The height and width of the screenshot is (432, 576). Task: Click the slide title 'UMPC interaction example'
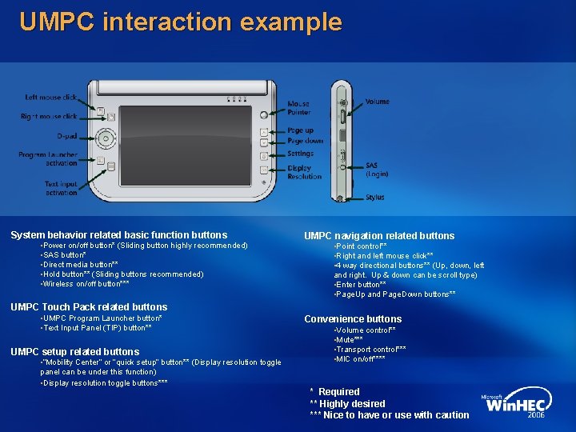coord(180,22)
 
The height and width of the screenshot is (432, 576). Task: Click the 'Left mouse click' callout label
coord(51,98)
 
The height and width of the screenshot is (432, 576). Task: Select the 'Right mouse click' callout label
coord(49,117)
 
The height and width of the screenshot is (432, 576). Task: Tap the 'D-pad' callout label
coord(66,136)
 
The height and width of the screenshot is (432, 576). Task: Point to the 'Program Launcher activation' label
coord(48,158)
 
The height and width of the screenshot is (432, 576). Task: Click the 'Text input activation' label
coord(61,188)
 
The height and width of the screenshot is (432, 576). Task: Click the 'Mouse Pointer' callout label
coord(298,108)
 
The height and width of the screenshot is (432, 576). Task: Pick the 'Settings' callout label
coord(300,154)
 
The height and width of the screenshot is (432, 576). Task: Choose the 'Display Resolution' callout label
coord(304,172)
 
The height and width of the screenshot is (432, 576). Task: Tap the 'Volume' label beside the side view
coord(378,102)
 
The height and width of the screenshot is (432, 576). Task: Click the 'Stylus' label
coord(375,197)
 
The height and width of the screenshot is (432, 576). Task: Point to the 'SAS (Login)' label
coord(376,170)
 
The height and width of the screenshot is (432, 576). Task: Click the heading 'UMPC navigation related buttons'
coord(378,236)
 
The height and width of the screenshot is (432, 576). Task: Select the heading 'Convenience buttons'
coord(353,319)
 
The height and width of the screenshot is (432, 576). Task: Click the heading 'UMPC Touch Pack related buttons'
coord(89,307)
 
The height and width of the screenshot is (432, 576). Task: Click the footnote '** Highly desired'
coord(347,404)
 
